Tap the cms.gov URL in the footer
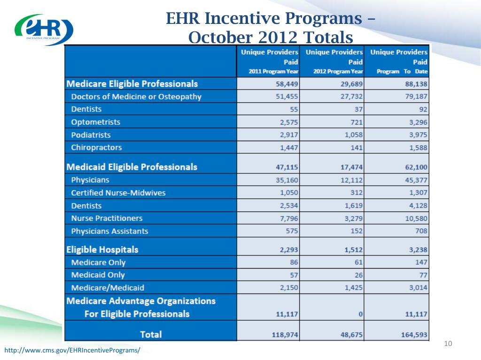72,351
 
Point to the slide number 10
447,345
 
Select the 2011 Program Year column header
269,61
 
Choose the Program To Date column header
399,61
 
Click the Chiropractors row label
96,147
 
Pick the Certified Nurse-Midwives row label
118,193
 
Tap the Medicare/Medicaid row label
108,287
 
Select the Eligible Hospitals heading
102,249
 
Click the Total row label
151,334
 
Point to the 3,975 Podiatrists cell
417,135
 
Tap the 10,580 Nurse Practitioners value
415,218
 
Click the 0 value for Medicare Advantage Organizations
360,314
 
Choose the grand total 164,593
413,334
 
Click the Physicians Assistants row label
109,231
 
